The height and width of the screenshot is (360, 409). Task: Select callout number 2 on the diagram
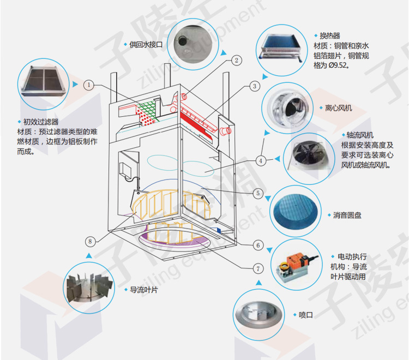tap(236, 61)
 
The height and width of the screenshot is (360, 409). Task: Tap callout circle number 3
tap(254, 86)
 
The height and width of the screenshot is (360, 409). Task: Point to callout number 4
tap(261, 160)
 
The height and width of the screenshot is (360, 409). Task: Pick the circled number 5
tap(258, 193)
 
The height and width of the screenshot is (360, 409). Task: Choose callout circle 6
tap(258, 245)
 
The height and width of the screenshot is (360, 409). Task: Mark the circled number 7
tap(258, 268)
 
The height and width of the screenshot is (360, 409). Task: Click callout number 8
tap(91, 241)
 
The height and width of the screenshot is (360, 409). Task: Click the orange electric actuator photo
tap(296, 265)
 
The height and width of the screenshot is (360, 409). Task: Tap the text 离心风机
tap(339, 108)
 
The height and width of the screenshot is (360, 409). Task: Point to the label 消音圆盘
tap(347, 215)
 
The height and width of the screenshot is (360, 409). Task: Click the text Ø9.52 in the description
tap(335, 66)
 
